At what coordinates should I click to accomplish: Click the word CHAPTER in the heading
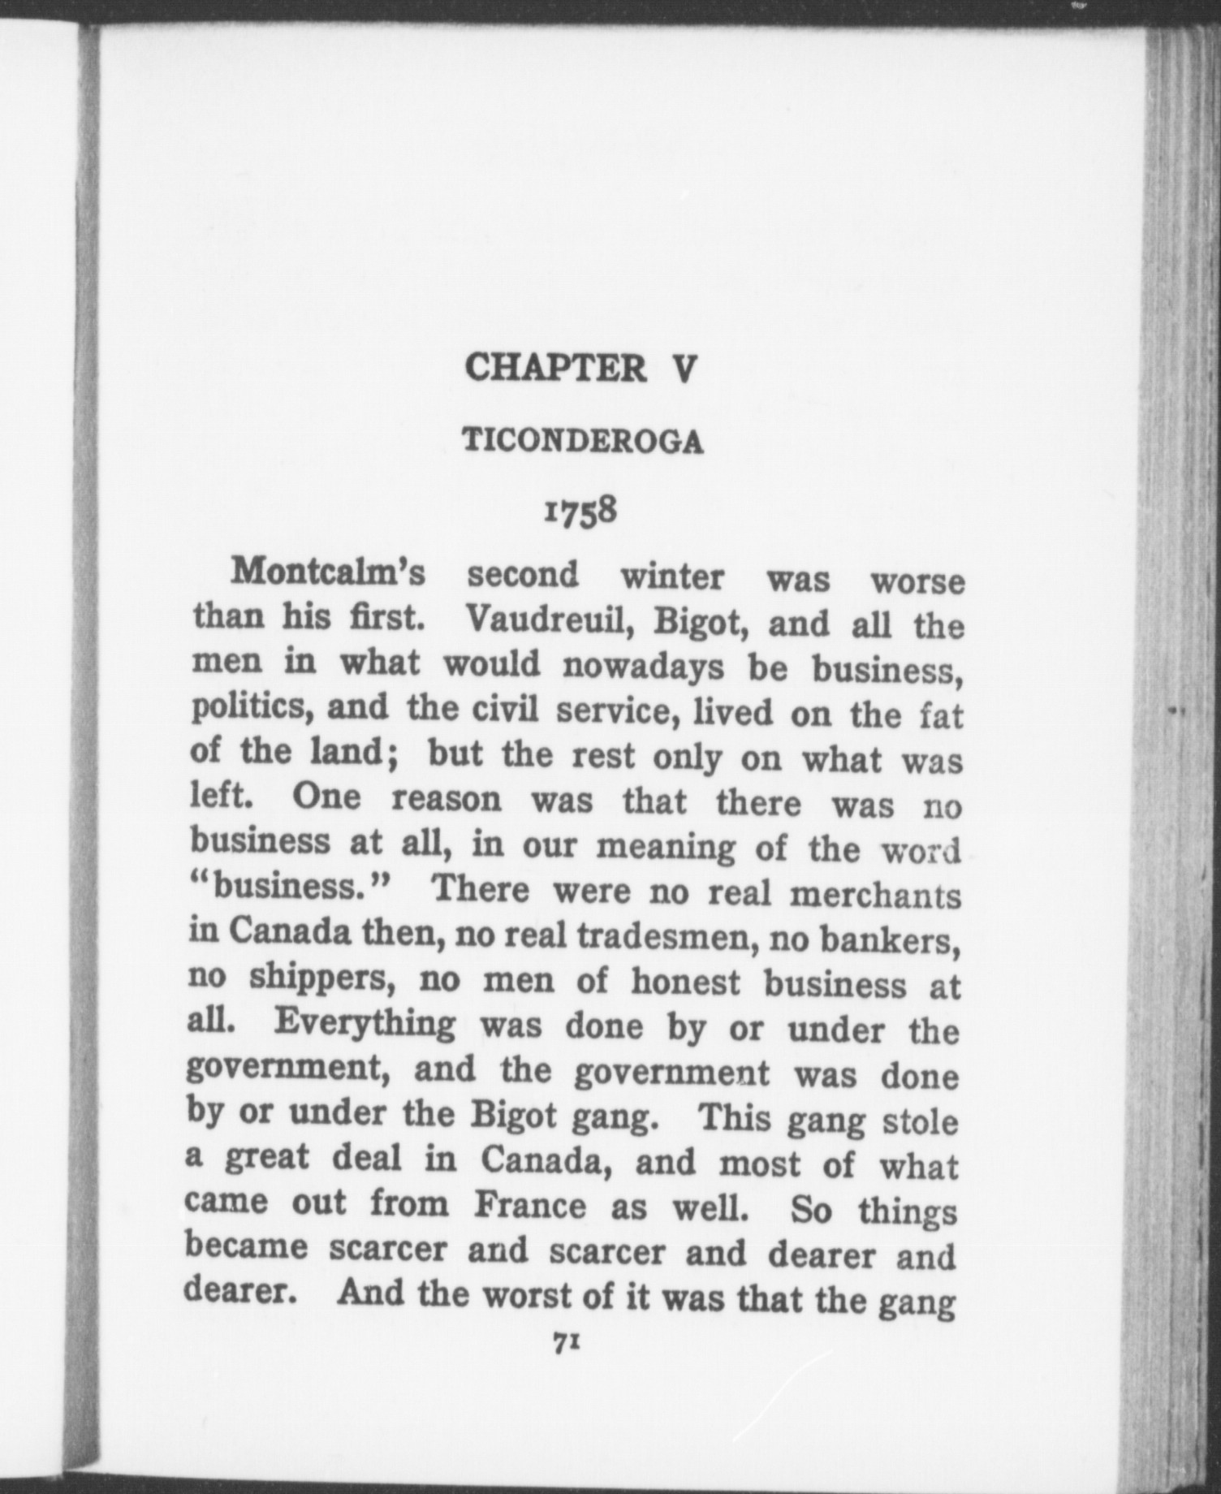pyautogui.click(x=556, y=368)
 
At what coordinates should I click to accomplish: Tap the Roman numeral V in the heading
pyautogui.click(x=684, y=369)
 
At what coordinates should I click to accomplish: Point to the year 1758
pyautogui.click(x=581, y=512)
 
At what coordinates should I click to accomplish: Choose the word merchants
pyautogui.click(x=875, y=896)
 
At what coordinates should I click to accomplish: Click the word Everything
pyautogui.click(x=365, y=1022)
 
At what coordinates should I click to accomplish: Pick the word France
pyautogui.click(x=529, y=1204)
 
